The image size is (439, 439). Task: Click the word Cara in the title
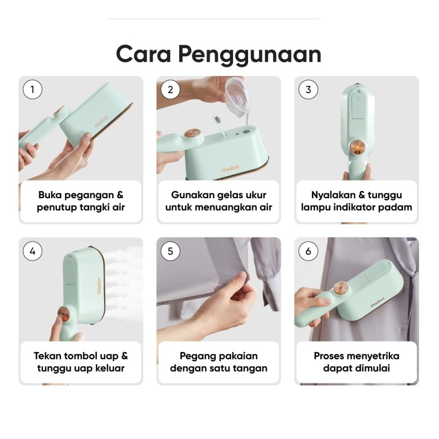[143, 54]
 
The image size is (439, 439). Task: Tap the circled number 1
[32, 90]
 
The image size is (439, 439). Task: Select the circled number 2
[170, 90]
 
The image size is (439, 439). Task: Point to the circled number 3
[308, 90]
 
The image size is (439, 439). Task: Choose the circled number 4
[32, 251]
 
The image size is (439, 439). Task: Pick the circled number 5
[170, 251]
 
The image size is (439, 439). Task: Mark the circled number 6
[308, 251]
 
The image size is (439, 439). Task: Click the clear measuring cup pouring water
[238, 96]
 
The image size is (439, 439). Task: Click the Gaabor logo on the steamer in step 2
[230, 169]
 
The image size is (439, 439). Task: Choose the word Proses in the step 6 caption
[328, 356]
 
